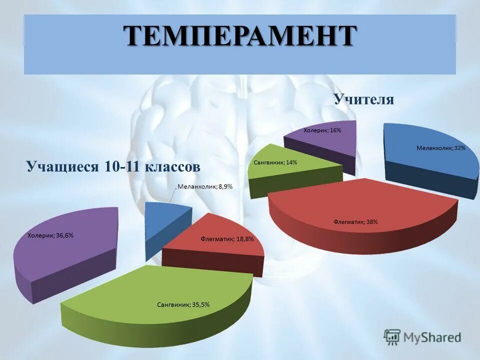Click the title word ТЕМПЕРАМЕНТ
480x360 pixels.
[240, 37]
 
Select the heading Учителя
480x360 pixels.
[364, 99]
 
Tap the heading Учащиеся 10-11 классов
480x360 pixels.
[113, 166]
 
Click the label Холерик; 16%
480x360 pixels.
[322, 130]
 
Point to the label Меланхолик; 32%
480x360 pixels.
[441, 148]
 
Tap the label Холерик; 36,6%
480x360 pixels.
[50, 235]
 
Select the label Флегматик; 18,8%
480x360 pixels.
[224, 239]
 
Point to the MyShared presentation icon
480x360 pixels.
[392, 337]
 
